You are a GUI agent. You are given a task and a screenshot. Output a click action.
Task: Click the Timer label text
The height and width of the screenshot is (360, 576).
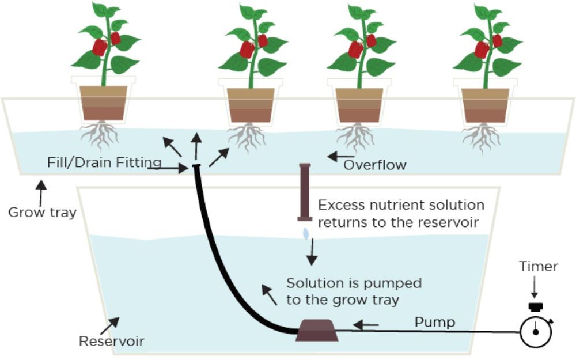point(538,267)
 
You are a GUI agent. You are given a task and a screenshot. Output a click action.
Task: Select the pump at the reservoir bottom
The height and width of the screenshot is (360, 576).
point(317,331)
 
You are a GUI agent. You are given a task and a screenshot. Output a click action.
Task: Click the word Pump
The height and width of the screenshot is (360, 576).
point(434,322)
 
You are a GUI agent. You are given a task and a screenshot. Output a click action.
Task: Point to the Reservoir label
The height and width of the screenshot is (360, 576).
point(111,342)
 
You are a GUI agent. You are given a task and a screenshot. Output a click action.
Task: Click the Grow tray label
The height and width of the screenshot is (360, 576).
point(41,212)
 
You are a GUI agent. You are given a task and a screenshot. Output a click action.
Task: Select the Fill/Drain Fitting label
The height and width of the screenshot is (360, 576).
point(104,163)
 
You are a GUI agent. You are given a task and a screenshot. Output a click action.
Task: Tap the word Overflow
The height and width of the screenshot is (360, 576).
point(375,165)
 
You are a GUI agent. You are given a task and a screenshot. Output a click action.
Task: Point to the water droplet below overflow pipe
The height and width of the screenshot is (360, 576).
point(306,233)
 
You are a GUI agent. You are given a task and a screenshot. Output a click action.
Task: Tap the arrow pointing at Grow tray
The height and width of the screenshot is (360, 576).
point(40,192)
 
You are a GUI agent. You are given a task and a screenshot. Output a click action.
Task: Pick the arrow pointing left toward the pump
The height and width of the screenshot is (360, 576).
point(366,325)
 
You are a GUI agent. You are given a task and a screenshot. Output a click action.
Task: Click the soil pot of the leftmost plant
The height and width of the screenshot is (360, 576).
point(103,104)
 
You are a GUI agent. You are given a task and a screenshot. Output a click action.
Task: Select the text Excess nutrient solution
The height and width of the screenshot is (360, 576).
point(401,206)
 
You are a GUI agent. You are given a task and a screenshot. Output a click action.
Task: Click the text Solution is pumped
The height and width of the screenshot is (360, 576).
point(354,283)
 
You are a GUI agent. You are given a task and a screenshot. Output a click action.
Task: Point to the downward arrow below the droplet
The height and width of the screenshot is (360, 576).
point(312,253)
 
